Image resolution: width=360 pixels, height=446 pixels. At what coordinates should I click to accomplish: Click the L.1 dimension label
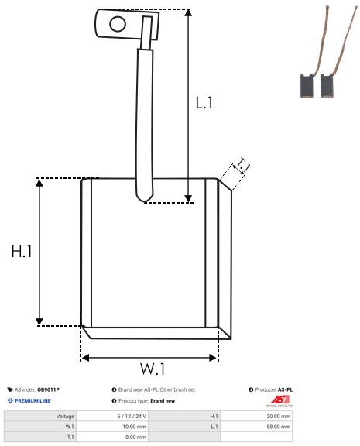pyautogui.click(x=204, y=102)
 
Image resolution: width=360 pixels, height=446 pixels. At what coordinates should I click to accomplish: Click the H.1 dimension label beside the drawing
pyautogui.click(x=21, y=252)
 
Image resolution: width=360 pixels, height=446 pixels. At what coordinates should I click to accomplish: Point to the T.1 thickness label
pyautogui.click(x=242, y=165)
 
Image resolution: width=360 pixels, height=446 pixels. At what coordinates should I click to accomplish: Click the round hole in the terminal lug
pyautogui.click(x=117, y=23)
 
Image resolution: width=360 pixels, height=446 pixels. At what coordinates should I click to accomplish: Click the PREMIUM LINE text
pyautogui.click(x=33, y=401)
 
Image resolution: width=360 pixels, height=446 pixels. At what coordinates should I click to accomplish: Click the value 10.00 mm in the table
pyautogui.click(x=135, y=426)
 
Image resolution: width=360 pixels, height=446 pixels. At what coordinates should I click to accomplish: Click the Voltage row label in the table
pyautogui.click(x=65, y=416)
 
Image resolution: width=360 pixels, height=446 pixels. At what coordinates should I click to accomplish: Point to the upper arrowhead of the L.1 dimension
pyautogui.click(x=188, y=14)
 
